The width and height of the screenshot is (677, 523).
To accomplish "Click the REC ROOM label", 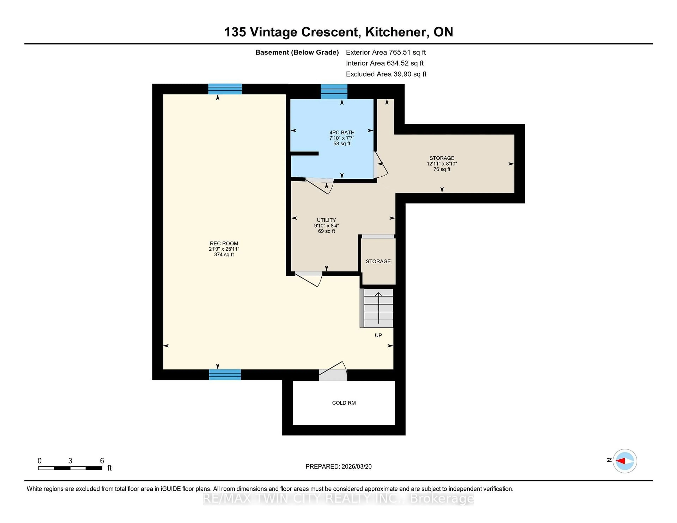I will (x=224, y=244).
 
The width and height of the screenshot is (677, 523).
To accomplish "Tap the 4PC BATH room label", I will (x=342, y=133).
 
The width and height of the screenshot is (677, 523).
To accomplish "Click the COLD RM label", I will (x=344, y=403).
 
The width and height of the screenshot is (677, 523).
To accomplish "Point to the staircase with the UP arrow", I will (x=378, y=308).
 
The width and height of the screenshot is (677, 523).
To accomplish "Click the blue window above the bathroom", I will (x=334, y=91).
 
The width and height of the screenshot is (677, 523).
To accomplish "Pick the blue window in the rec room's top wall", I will (x=225, y=89).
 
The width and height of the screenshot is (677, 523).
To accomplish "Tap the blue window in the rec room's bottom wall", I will (x=225, y=375).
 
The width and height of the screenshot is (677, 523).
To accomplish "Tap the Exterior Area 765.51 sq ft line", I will (x=386, y=52).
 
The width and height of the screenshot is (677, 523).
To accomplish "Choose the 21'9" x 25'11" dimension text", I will (x=224, y=249).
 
